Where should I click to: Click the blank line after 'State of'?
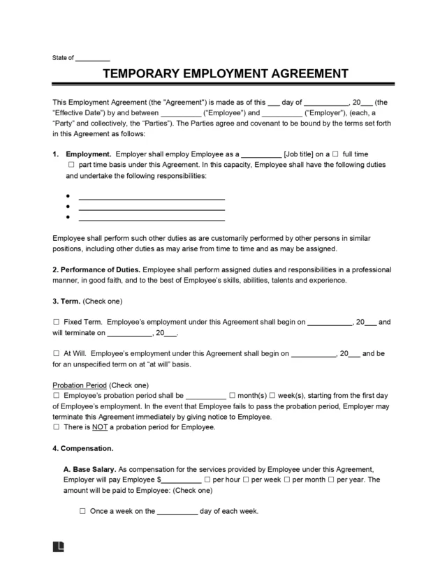point(92,58)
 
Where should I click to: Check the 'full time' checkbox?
point(336,153)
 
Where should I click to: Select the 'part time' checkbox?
point(71,165)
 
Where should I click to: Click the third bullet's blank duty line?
point(152,218)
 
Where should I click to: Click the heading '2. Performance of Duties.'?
point(97,269)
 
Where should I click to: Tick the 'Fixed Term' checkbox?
point(57,323)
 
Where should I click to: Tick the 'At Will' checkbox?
point(57,354)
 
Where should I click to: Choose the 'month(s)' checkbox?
point(233,395)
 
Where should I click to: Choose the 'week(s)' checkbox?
point(273,395)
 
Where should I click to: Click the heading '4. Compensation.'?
point(83,447)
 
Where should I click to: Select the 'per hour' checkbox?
point(206,480)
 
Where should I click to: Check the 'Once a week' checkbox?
point(82,511)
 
